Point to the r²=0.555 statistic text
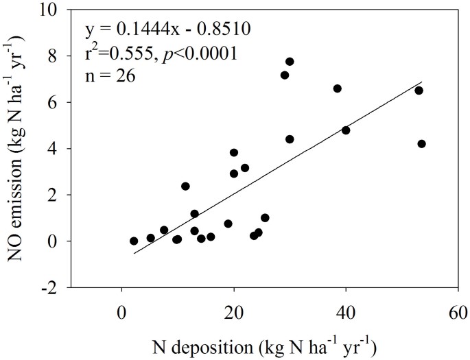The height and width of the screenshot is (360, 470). (117, 53)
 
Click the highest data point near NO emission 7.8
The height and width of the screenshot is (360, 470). (290, 62)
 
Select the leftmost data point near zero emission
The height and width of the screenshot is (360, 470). (134, 241)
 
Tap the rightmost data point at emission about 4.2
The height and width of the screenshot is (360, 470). (421, 144)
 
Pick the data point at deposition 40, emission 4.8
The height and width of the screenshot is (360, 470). (346, 130)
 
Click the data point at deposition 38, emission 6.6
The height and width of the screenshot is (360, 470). (337, 88)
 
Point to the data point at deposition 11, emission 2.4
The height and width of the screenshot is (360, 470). (185, 186)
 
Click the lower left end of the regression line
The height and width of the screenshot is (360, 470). (134, 254)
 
